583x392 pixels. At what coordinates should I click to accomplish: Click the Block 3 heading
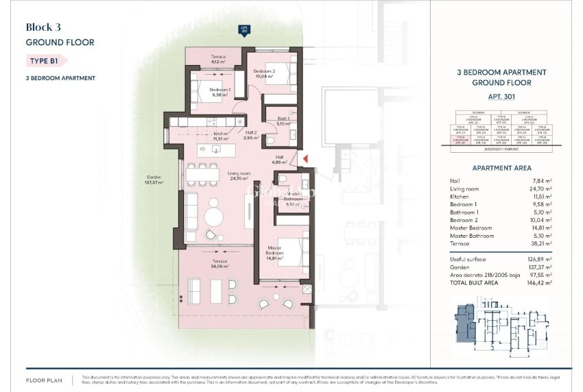coord(43,27)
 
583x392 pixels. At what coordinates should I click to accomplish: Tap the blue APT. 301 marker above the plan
coord(243,29)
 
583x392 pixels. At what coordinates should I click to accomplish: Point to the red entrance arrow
coord(306,159)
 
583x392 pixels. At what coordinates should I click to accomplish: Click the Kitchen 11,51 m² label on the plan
coord(221,136)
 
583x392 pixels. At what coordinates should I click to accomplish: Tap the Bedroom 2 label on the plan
coord(264,73)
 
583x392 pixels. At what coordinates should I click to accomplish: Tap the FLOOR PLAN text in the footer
coord(45,379)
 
